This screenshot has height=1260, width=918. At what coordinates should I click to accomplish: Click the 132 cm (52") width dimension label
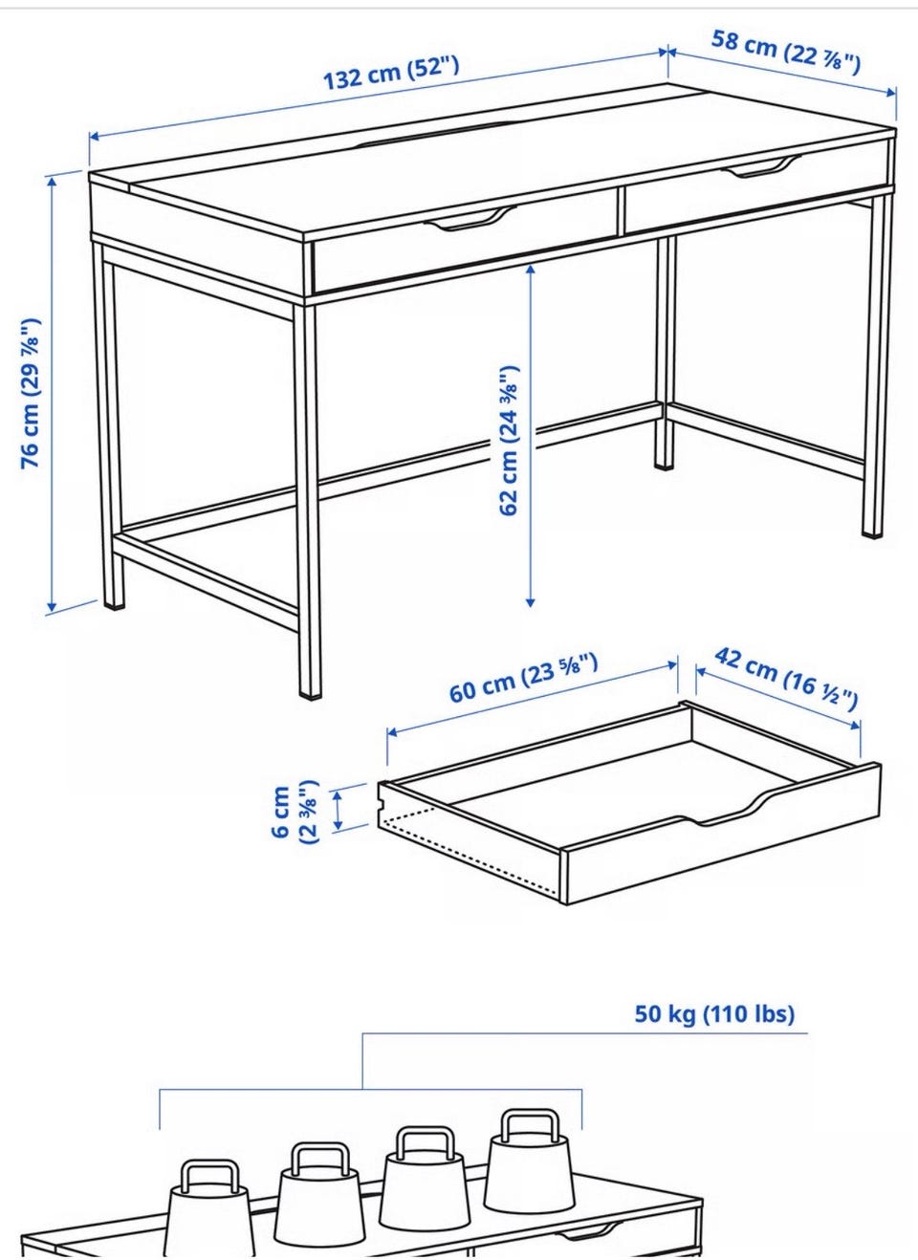coord(391,73)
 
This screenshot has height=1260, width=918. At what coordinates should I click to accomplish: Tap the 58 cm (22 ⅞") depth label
coord(786,52)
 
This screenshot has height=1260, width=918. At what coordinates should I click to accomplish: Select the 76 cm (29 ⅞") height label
coord(31,393)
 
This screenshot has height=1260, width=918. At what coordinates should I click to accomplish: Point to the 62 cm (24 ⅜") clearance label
coord(509,441)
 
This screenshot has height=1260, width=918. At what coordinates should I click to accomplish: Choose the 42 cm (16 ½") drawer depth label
coord(786,679)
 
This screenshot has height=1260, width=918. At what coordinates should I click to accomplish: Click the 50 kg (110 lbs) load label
coord(714,1014)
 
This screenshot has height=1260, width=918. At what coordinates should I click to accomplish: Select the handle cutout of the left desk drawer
coord(470,219)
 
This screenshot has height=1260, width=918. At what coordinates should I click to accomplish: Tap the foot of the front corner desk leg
coord(311,695)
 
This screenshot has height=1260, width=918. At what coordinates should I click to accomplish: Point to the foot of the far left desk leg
coord(115,606)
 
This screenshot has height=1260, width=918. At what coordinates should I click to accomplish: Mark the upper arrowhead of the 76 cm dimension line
coord(53,181)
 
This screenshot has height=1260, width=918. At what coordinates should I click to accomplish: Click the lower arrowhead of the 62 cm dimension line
coord(530,602)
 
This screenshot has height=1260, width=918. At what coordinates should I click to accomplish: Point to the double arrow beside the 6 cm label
coord(339,810)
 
